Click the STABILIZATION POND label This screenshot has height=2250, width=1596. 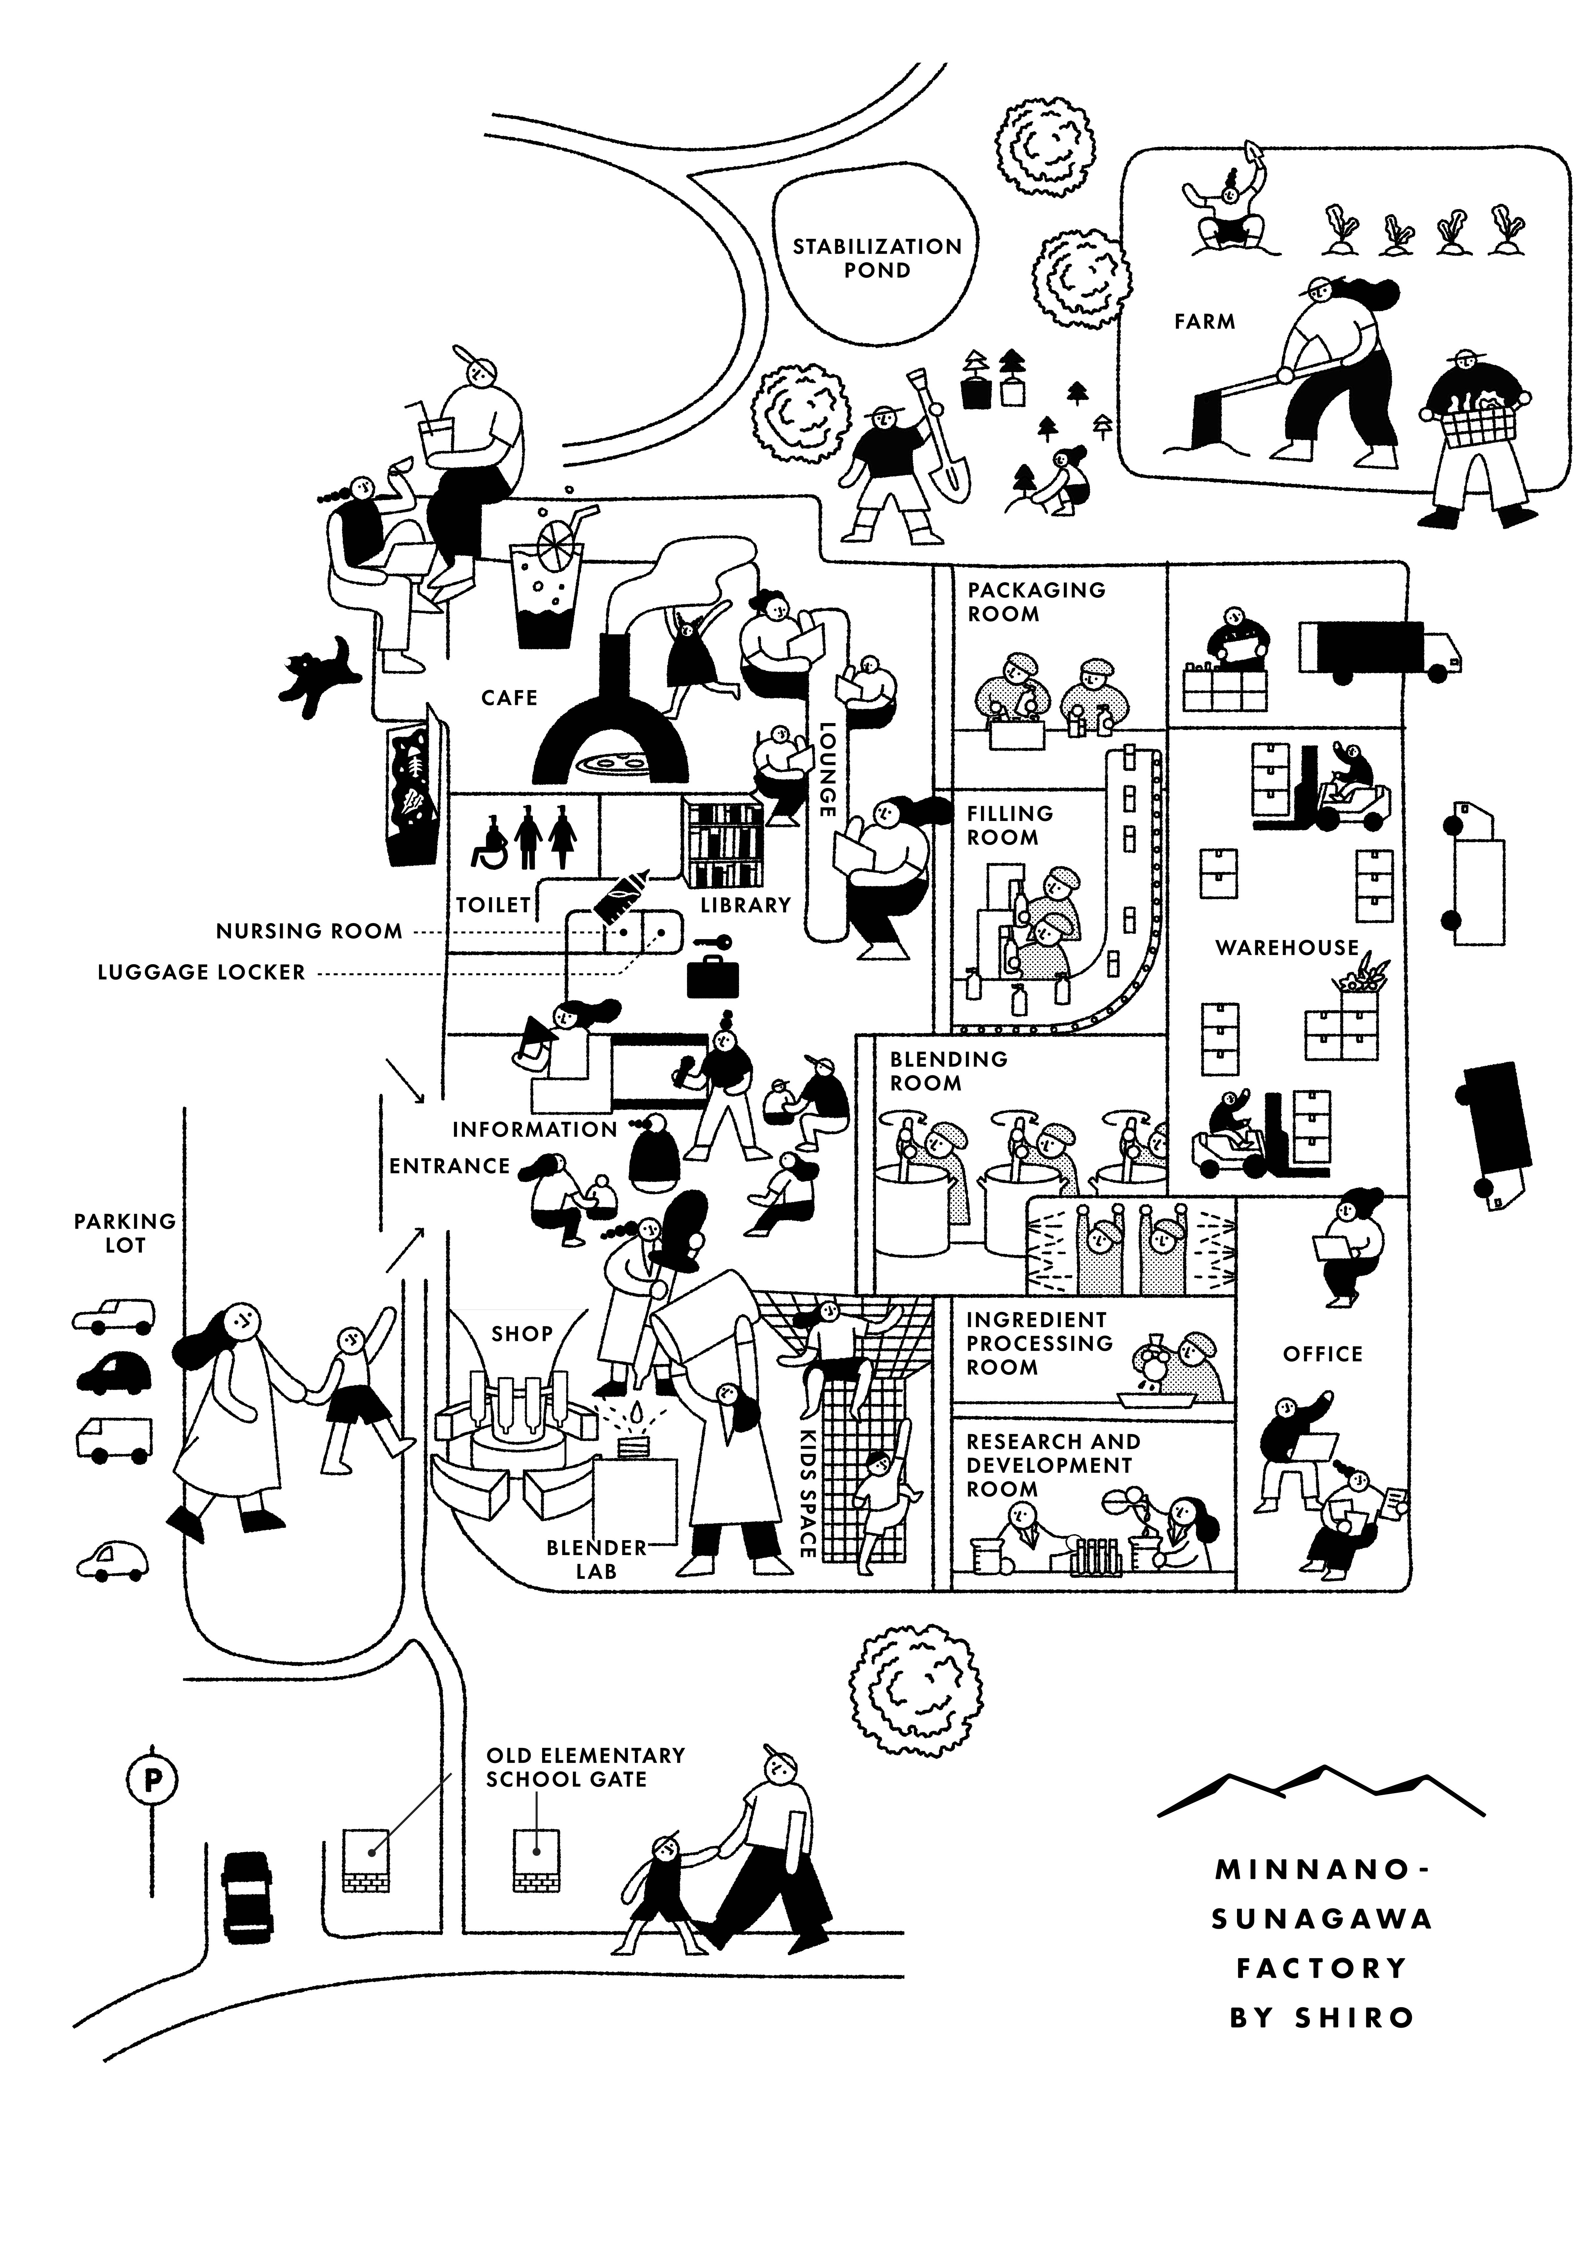click(x=878, y=258)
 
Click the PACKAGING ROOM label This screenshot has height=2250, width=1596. click(x=1036, y=601)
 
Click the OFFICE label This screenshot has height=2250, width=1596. click(x=1323, y=1354)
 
